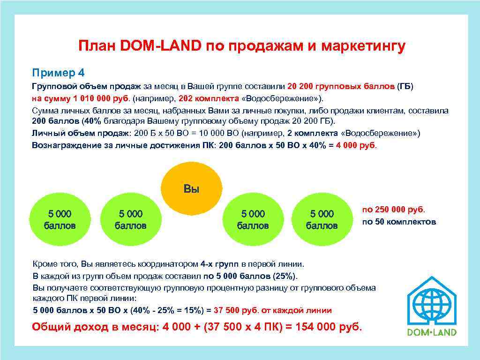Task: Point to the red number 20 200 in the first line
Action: (x=304, y=87)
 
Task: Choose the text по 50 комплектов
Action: (x=399, y=221)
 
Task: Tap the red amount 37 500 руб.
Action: (x=236, y=310)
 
